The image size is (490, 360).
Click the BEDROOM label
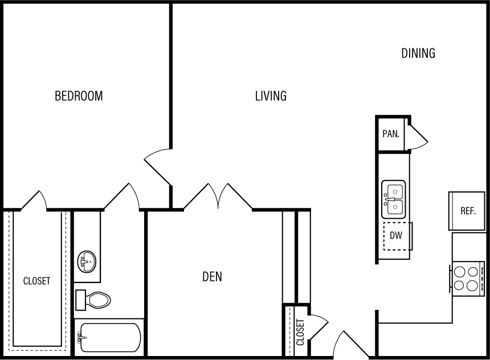coord(79,96)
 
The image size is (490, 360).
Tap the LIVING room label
coord(271,96)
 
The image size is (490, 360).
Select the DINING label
coord(418,53)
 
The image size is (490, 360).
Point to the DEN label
coord(212,277)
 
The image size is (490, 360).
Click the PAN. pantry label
coord(391,134)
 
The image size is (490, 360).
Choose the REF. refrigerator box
coord(467,211)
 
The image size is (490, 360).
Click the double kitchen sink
coord(394,199)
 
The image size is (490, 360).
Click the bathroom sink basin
coord(87,261)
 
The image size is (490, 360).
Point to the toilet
coord(93,300)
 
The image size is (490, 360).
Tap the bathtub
coord(109,337)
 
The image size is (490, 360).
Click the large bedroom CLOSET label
coord(36,281)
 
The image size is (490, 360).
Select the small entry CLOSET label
coord(300,332)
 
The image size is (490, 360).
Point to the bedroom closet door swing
coord(34,201)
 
